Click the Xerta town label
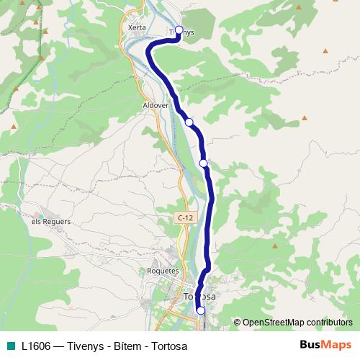(x=137, y=28)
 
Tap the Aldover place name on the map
(x=155, y=104)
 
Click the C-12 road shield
(x=185, y=217)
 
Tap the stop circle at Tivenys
(x=179, y=31)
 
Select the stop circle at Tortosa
(x=201, y=310)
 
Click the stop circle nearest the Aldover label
(x=189, y=122)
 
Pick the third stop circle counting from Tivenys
(x=204, y=163)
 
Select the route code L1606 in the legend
(x=36, y=346)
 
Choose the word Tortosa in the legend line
(x=169, y=346)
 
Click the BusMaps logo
(x=325, y=345)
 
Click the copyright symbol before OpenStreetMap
(x=237, y=322)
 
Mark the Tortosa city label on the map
(x=199, y=297)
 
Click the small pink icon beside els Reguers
(x=40, y=214)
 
